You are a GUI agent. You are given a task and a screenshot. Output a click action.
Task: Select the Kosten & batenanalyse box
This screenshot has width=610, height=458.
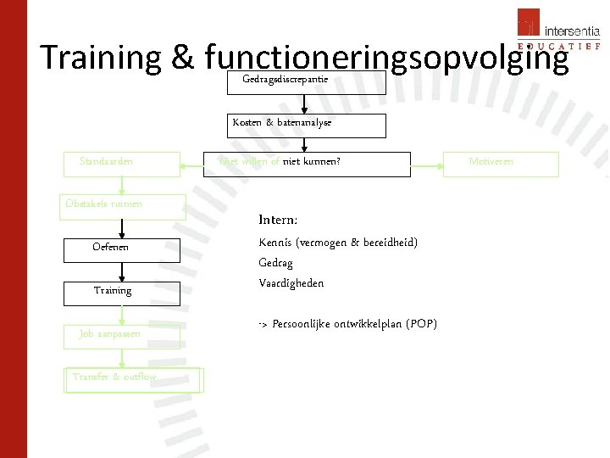307,125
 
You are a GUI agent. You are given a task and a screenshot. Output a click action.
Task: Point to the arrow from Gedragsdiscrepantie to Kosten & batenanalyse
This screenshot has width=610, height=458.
307,103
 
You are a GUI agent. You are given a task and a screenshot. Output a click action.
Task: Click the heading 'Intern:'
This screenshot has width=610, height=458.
278,221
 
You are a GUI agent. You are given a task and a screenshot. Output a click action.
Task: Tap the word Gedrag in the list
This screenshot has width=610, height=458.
275,263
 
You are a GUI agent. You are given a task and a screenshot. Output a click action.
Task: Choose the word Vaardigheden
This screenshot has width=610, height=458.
291,283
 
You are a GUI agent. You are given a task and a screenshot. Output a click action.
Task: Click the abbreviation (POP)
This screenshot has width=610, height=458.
422,325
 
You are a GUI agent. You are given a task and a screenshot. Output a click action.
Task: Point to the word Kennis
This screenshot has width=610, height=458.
274,243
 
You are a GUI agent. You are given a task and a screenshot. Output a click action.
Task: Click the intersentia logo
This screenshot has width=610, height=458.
559,31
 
